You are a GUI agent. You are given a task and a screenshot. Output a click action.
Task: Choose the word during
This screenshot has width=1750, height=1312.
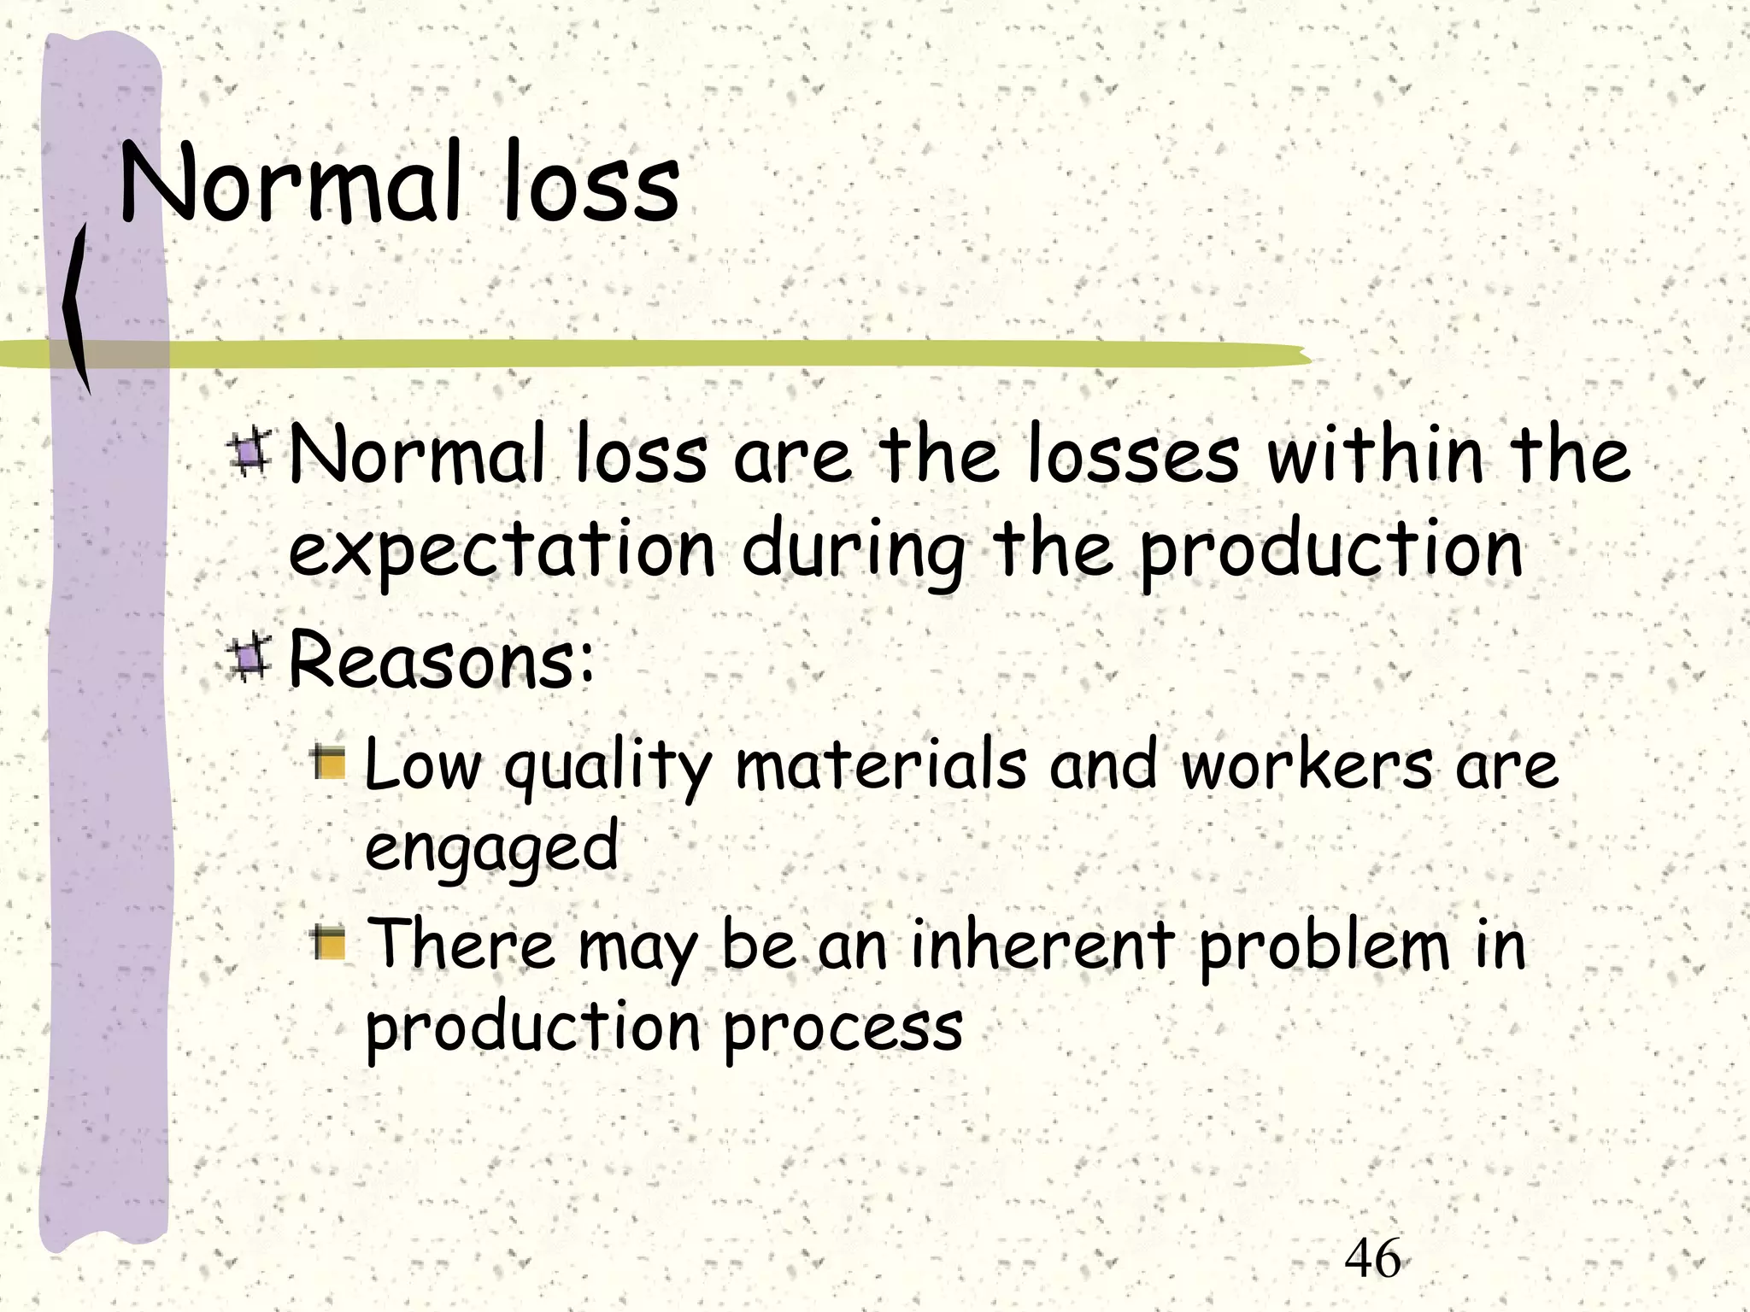pyautogui.click(x=854, y=551)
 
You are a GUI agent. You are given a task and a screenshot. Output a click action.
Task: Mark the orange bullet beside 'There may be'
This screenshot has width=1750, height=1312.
pyautogui.click(x=328, y=942)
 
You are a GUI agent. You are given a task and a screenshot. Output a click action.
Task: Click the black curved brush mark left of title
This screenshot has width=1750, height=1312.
pyautogui.click(x=77, y=307)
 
